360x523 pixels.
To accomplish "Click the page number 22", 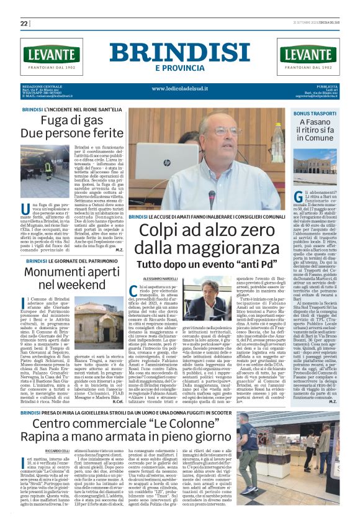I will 24,24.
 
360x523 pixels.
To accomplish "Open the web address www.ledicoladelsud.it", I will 180,88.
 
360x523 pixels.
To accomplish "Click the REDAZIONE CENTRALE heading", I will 42,86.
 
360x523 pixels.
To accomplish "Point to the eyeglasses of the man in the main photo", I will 225,132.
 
